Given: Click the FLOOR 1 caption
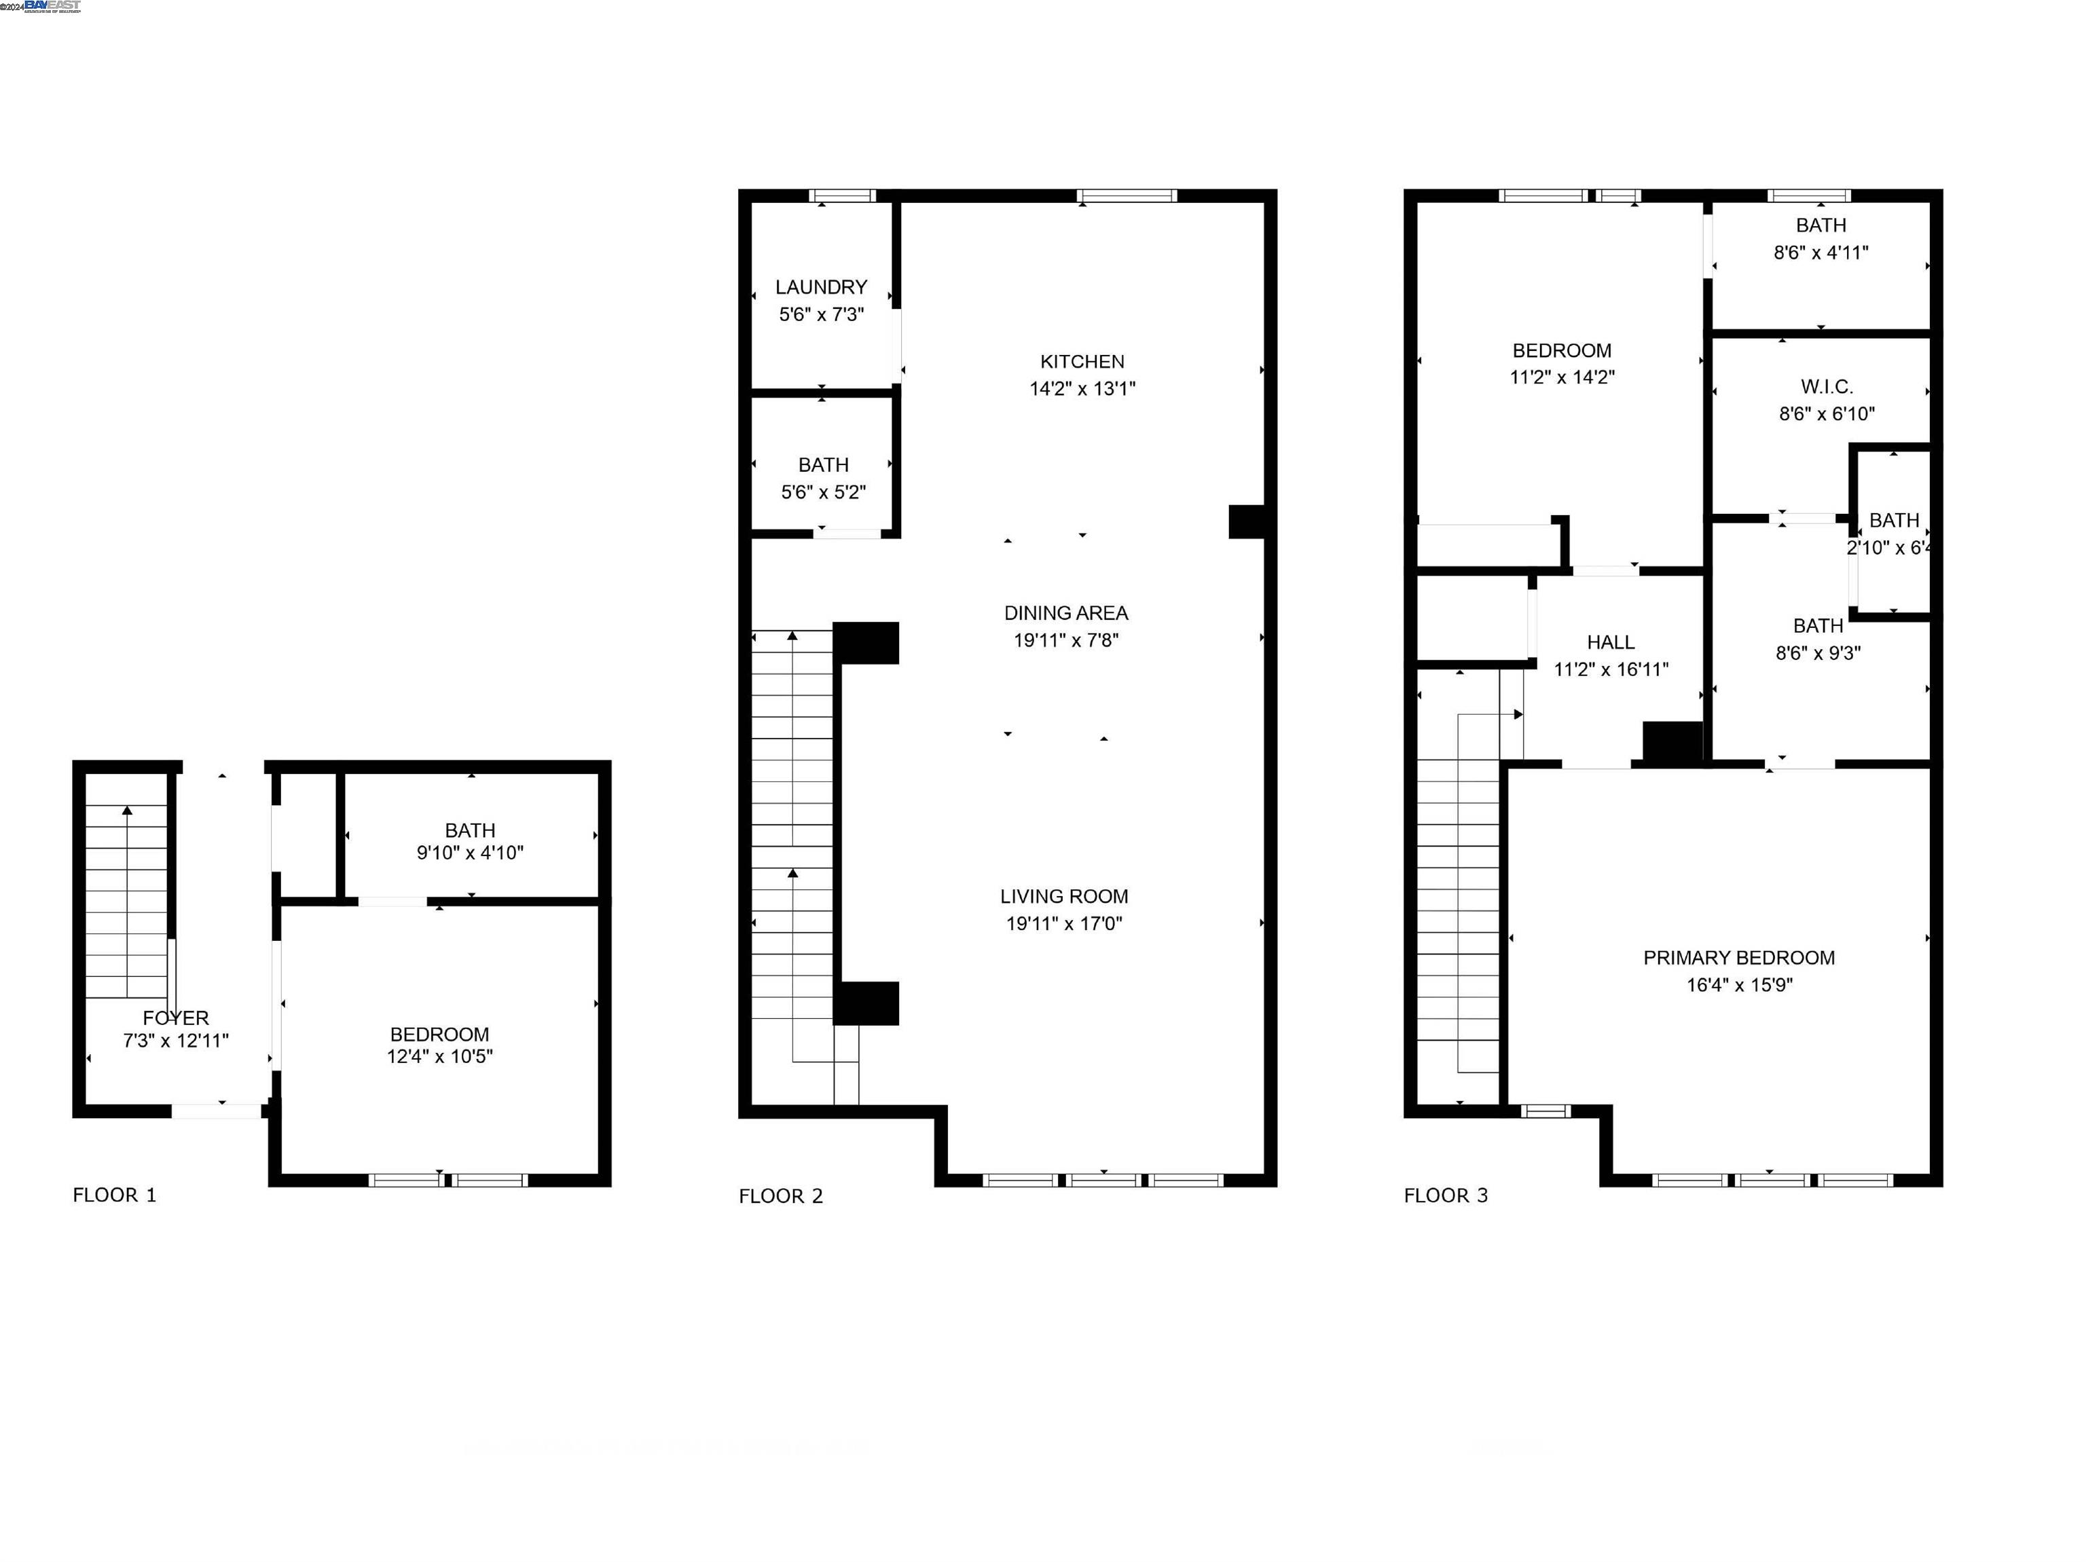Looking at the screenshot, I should tap(114, 1195).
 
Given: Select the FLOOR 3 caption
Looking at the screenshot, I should tap(1445, 1195).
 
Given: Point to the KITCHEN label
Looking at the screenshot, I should tap(1082, 361).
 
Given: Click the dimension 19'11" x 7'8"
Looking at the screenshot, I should tap(1065, 640).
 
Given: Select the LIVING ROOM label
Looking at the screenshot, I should tap(1064, 897).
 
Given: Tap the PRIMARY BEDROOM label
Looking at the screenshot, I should tap(1738, 958).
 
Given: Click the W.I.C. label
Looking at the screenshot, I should tap(1826, 386).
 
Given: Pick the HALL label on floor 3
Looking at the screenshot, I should tap(1610, 642).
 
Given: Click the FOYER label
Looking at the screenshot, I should tap(175, 1018).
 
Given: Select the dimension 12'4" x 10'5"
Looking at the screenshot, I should tap(439, 1057).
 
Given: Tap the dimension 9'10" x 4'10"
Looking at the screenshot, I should tap(470, 853).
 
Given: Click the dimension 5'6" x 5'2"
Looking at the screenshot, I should tap(822, 492).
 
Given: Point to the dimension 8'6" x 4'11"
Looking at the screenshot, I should tap(1820, 253).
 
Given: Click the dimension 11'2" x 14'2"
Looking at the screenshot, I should tap(1562, 377).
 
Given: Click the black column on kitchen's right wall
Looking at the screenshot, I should tap(1246, 521).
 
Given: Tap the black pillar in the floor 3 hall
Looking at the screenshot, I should tap(1672, 742).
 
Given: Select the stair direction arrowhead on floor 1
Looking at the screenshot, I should tap(127, 810).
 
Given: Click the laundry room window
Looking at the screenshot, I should tap(842, 196).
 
